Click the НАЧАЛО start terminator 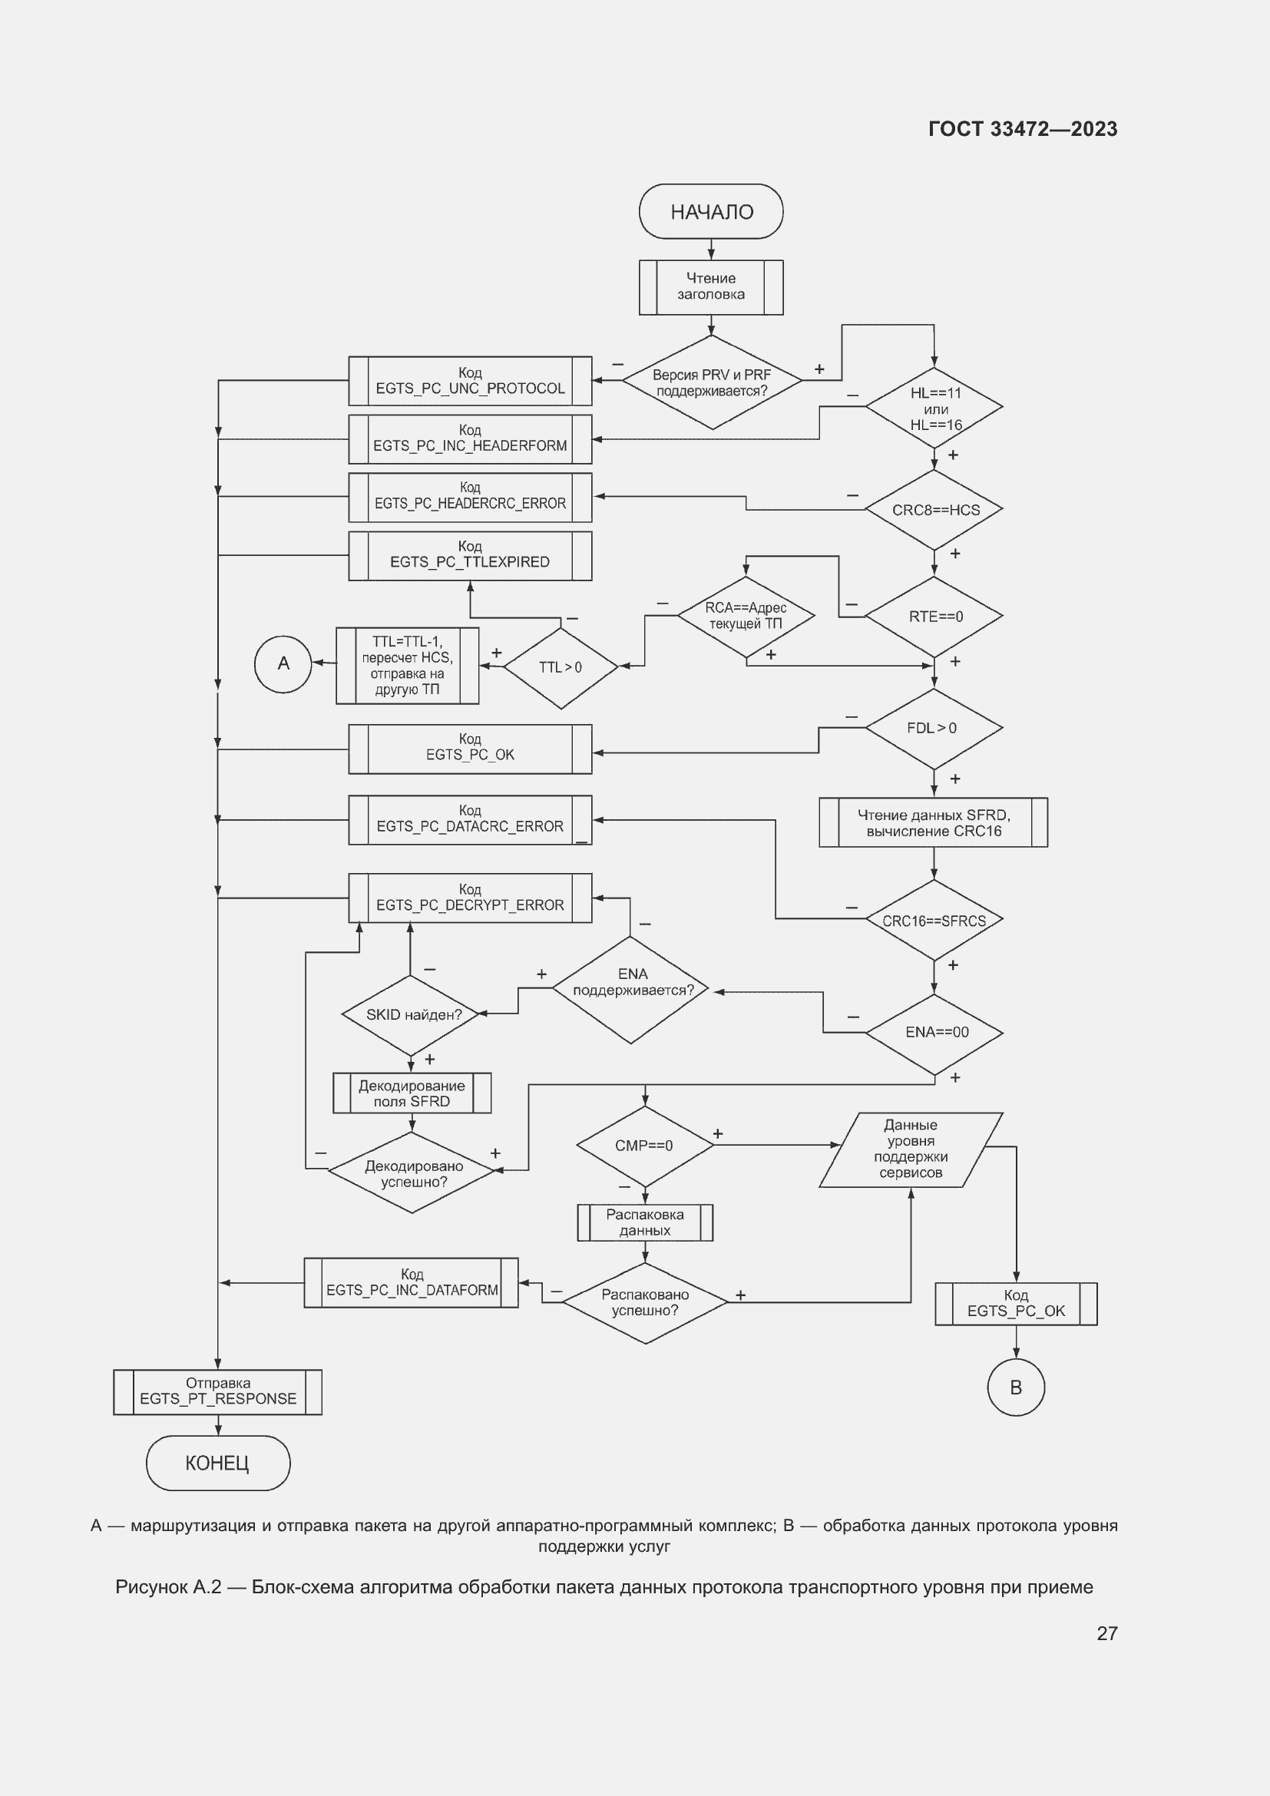711,211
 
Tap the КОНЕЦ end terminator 217,1463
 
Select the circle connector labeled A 283,663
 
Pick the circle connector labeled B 1016,1388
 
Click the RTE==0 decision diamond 934,617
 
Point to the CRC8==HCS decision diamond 934,510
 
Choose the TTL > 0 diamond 561,667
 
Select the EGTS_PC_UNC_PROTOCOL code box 470,381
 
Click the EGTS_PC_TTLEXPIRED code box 470,555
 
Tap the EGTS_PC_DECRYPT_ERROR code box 470,898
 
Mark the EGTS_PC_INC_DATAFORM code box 412,1283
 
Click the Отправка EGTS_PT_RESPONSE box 217,1391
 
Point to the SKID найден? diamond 412,1014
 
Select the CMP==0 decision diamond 644,1145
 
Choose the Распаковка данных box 644,1222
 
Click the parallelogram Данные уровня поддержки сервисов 911,1149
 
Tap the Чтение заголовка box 711,287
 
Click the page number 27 1106,1633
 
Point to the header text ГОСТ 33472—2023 1023,129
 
